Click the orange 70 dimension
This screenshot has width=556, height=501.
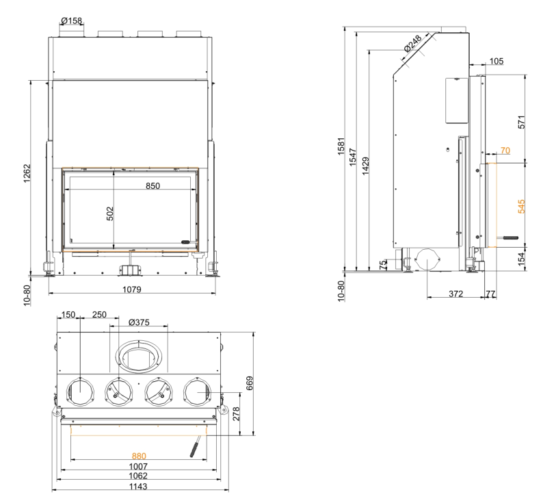click(x=505, y=150)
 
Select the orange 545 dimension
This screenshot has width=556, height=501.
click(x=522, y=206)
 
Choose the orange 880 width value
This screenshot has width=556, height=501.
click(x=139, y=455)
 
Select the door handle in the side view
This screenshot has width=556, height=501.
click(x=511, y=238)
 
